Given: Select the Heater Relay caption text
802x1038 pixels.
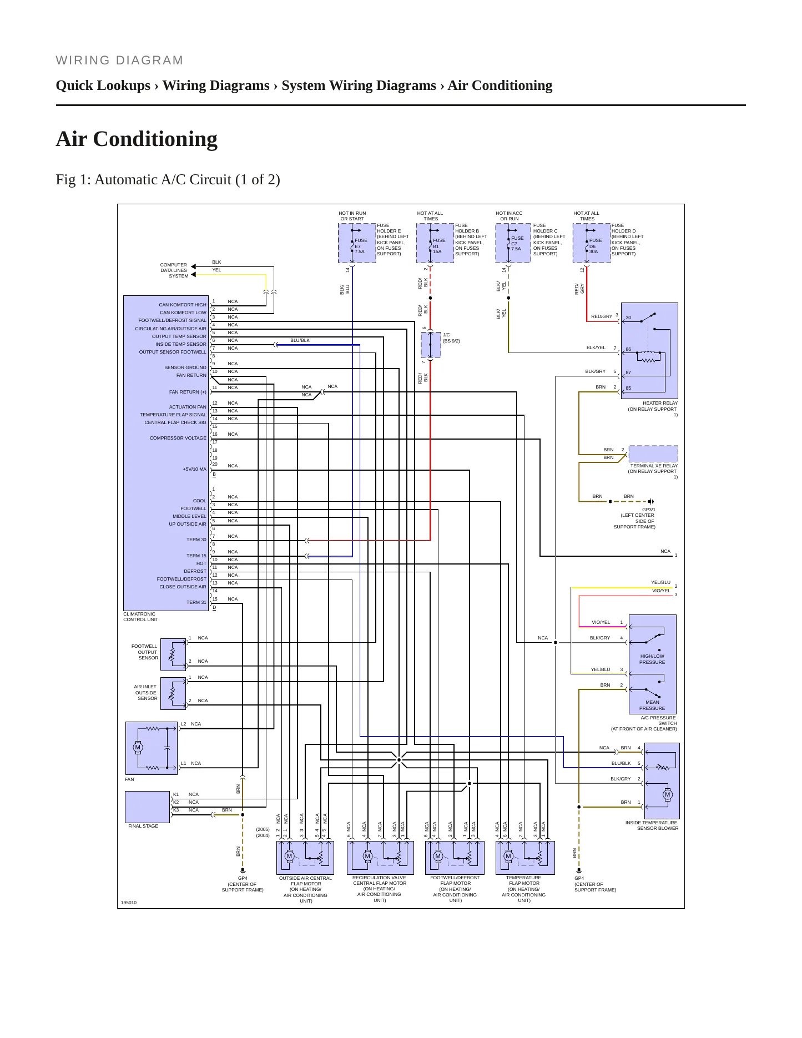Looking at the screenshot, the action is (x=653, y=409).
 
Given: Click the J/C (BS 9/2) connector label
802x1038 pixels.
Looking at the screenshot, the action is (x=451, y=338).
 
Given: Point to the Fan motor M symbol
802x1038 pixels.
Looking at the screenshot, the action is (x=138, y=748).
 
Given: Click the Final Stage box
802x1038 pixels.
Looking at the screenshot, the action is (x=148, y=807).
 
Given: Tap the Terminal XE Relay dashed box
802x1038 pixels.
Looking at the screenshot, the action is (x=653, y=454).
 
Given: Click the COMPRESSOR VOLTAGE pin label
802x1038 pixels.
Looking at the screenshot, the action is (x=178, y=439).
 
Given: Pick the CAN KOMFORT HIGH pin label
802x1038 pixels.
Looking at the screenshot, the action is (x=183, y=305).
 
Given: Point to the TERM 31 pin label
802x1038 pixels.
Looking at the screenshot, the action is (x=196, y=602).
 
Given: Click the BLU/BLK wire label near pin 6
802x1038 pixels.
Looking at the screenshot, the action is (x=300, y=340).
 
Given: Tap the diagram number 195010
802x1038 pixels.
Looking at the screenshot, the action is (x=129, y=903).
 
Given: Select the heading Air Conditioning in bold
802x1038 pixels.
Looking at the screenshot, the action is (x=137, y=139).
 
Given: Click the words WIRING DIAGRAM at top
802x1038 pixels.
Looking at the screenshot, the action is (x=119, y=61).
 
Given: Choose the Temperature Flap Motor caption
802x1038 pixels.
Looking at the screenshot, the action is (x=524, y=889).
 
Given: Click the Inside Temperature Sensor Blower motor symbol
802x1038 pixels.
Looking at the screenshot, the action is (x=667, y=795).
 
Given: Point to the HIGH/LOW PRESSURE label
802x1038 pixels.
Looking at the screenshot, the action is (x=652, y=659).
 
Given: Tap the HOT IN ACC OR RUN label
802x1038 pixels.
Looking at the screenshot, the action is (x=509, y=216).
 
